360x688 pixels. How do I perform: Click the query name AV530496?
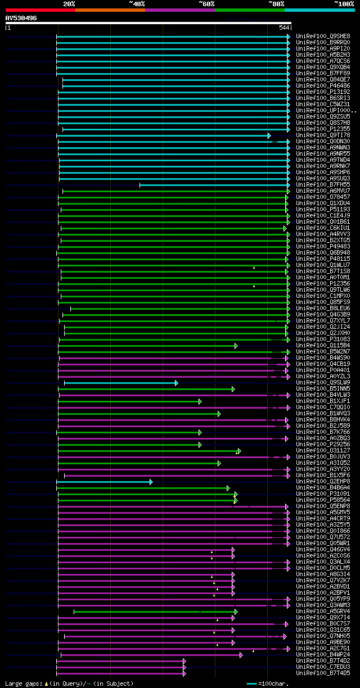tap(21, 18)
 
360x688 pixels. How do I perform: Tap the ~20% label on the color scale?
tap(69, 4)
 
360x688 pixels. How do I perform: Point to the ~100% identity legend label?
tap(344, 4)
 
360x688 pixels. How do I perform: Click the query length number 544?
tap(284, 28)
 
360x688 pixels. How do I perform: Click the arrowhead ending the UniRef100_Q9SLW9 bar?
tap(176, 383)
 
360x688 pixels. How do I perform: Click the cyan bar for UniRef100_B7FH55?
tap(214, 184)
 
